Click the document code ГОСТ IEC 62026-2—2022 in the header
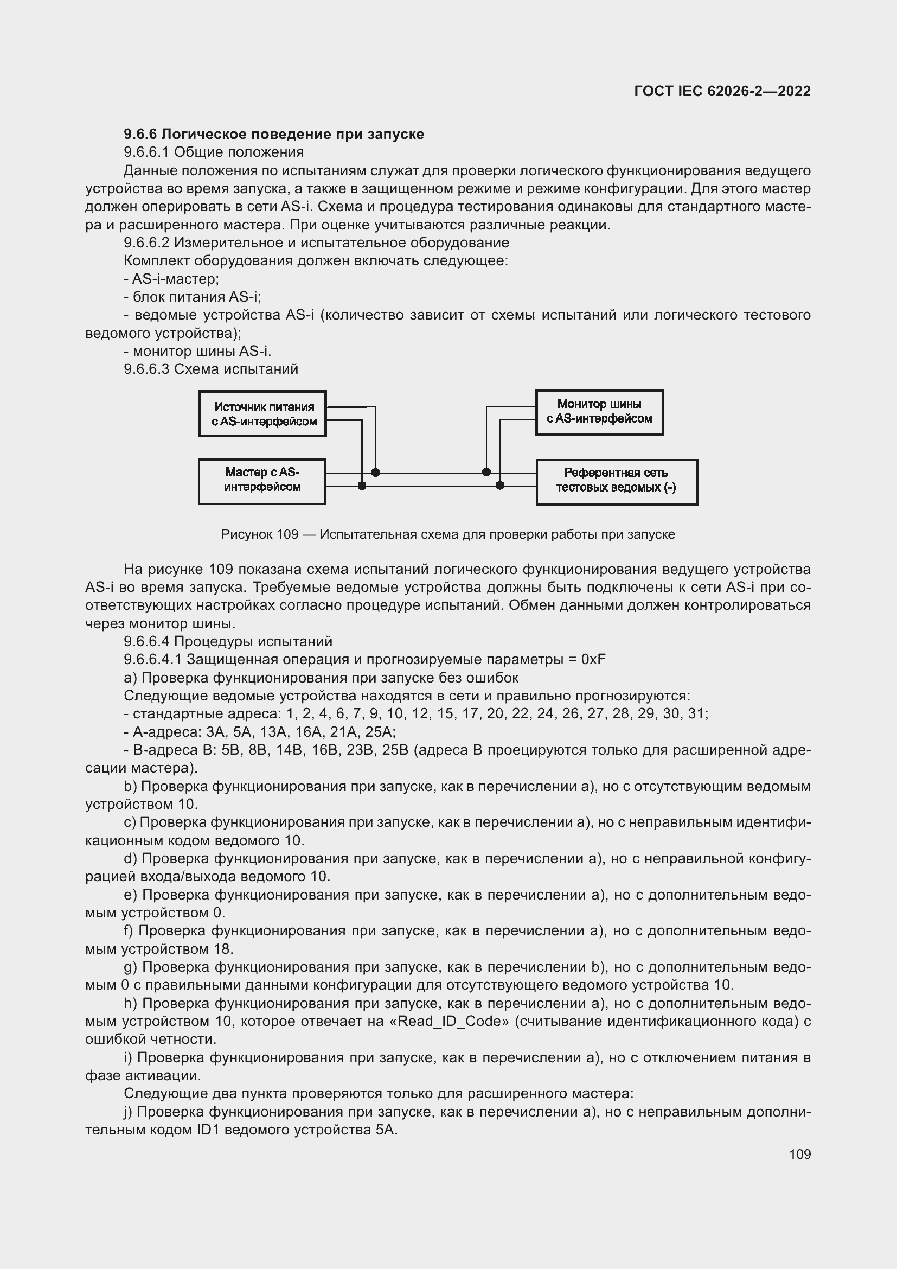pyautogui.click(x=722, y=91)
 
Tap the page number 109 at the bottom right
pyautogui.click(x=800, y=1154)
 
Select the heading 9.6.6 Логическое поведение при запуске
pyautogui.click(x=273, y=135)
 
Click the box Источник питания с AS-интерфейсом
pyautogui.click(x=263, y=414)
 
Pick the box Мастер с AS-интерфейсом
pyautogui.click(x=262, y=481)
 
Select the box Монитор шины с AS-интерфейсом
pyautogui.click(x=599, y=412)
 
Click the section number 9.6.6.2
pyautogui.click(x=147, y=243)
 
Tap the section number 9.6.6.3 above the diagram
pyautogui.click(x=147, y=369)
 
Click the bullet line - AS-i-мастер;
pyautogui.click(x=171, y=278)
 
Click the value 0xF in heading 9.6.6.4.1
pyautogui.click(x=594, y=659)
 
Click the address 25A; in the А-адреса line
pyautogui.click(x=382, y=732)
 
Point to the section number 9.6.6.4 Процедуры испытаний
pyautogui.click(x=147, y=641)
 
